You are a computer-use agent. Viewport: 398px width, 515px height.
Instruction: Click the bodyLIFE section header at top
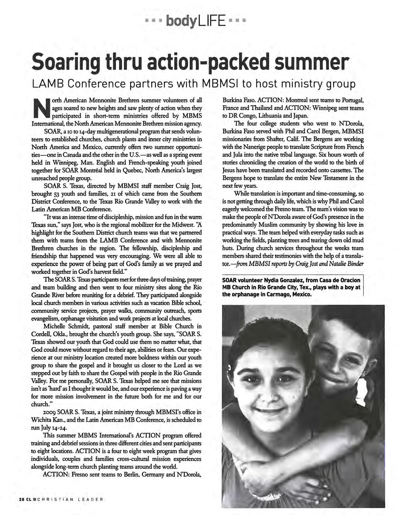point(196,22)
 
